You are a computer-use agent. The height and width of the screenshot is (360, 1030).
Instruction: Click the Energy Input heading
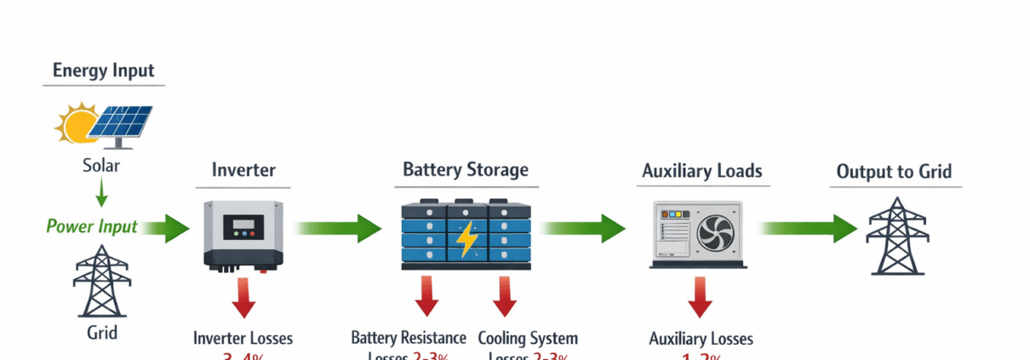[104, 70]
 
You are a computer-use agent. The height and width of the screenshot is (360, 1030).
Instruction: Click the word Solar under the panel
[101, 165]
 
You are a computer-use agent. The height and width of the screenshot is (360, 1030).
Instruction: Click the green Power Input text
[91, 226]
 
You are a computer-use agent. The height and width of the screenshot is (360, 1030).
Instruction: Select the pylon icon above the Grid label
[101, 281]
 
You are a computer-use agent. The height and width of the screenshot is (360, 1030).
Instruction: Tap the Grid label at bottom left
[101, 332]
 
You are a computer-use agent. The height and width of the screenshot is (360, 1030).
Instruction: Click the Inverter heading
[243, 170]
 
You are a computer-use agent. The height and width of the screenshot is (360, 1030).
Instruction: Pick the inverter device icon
[243, 234]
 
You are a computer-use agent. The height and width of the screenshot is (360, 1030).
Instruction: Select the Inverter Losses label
[243, 338]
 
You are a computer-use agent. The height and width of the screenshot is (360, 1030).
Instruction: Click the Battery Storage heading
[466, 169]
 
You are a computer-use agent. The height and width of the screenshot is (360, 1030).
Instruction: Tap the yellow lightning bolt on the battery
[466, 239]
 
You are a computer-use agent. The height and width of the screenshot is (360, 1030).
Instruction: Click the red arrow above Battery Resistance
[427, 296]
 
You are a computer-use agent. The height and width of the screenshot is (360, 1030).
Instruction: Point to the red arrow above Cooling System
[505, 296]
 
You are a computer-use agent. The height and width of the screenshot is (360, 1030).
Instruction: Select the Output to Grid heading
[894, 171]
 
